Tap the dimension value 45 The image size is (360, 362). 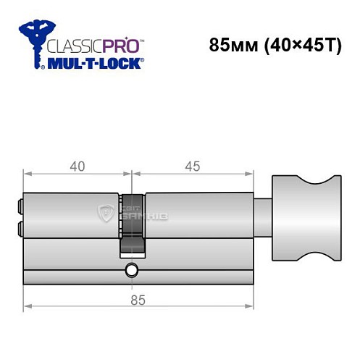(193, 166)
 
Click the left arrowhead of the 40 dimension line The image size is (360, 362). (27, 174)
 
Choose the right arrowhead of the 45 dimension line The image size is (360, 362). (253, 174)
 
